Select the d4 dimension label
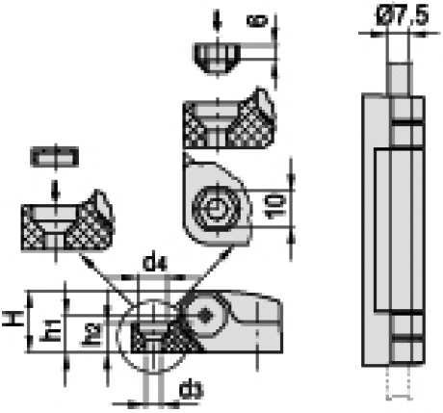tap(154, 264)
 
